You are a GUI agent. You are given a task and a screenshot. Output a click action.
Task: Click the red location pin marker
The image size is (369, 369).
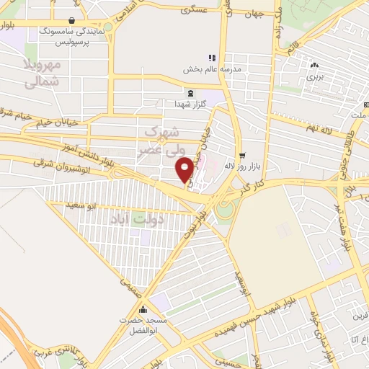pos(185,169)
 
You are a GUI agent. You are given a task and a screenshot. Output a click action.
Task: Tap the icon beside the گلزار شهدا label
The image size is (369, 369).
pos(190,93)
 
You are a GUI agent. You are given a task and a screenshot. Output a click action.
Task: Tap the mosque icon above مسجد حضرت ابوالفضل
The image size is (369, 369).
pos(145,303)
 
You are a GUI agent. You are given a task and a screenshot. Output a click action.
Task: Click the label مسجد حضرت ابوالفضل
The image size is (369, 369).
pos(145,319)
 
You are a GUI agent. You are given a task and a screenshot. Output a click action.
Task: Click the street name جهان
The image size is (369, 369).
pos(255,14)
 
